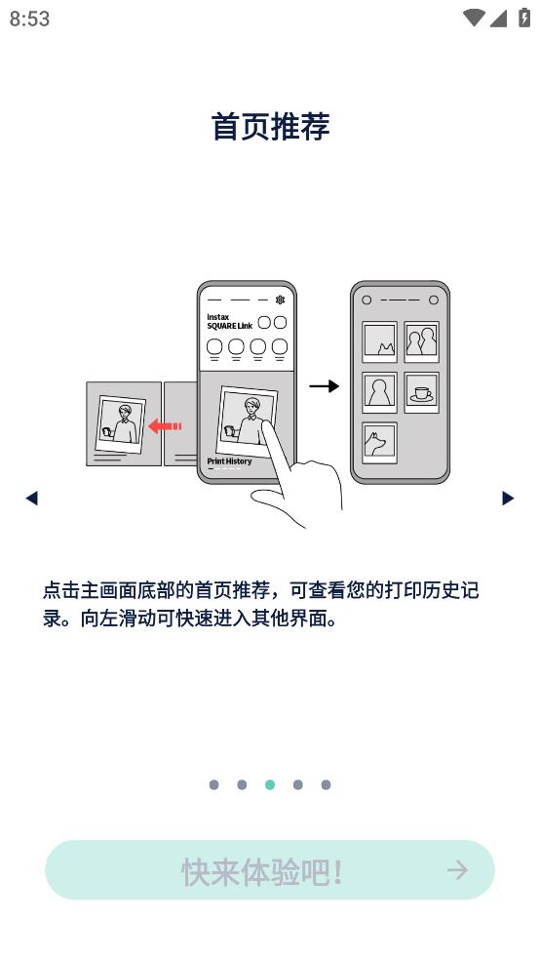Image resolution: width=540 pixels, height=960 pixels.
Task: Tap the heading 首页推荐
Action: click(270, 127)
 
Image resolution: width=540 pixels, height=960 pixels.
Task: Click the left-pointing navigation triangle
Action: click(32, 499)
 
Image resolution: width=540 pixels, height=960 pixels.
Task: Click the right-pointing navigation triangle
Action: click(508, 499)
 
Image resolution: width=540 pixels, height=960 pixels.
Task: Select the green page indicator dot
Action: click(270, 785)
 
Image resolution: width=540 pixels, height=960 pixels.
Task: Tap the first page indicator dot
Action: click(213, 785)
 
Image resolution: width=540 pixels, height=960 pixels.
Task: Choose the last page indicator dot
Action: click(326, 785)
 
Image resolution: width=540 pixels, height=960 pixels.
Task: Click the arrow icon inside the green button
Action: click(457, 870)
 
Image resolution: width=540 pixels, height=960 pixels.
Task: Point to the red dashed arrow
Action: click(165, 425)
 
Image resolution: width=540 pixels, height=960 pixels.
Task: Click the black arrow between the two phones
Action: click(325, 386)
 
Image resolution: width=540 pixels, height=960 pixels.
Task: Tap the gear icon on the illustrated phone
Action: click(280, 300)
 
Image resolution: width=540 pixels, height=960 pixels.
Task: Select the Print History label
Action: click(229, 461)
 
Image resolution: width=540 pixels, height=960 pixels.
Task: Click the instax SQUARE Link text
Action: click(229, 321)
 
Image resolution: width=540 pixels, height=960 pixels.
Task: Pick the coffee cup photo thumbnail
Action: click(421, 392)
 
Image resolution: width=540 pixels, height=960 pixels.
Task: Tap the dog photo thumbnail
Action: click(379, 443)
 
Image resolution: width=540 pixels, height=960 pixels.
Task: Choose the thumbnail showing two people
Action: click(421, 341)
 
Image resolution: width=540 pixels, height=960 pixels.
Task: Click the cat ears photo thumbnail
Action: click(379, 341)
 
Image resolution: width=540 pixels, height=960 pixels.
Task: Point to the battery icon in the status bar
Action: click(524, 18)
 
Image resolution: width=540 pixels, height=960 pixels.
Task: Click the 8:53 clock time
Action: click(29, 19)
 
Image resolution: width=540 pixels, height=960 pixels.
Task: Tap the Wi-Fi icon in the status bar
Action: click(474, 18)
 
